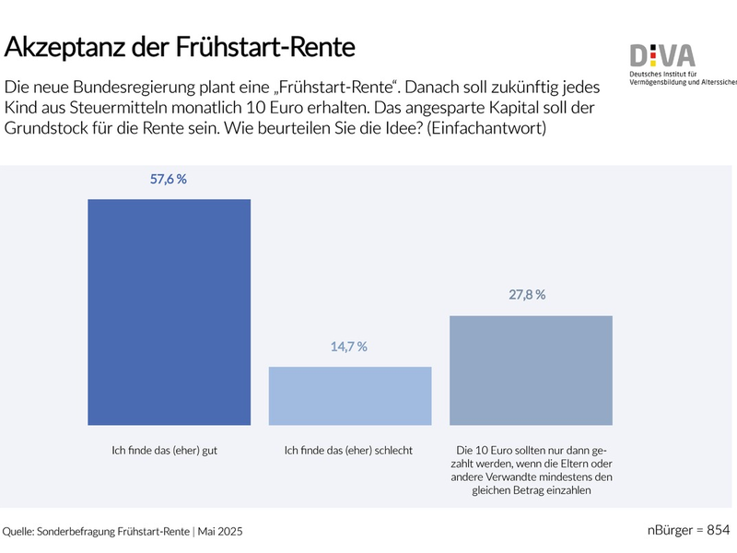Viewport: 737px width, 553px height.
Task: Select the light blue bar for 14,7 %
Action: point(349,395)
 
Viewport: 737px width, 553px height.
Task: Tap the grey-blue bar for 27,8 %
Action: point(531,370)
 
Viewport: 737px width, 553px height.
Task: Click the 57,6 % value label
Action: point(169,180)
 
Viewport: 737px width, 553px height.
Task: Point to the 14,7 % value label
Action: point(349,347)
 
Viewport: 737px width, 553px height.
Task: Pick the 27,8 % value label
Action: point(527,295)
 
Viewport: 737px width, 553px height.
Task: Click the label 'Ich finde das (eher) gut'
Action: point(169,451)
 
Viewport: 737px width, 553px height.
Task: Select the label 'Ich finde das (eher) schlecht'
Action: point(349,451)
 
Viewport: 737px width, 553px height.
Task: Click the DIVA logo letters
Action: point(662,55)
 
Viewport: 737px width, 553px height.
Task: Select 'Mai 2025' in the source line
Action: point(222,532)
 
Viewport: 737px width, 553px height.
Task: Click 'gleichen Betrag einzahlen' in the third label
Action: point(531,491)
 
